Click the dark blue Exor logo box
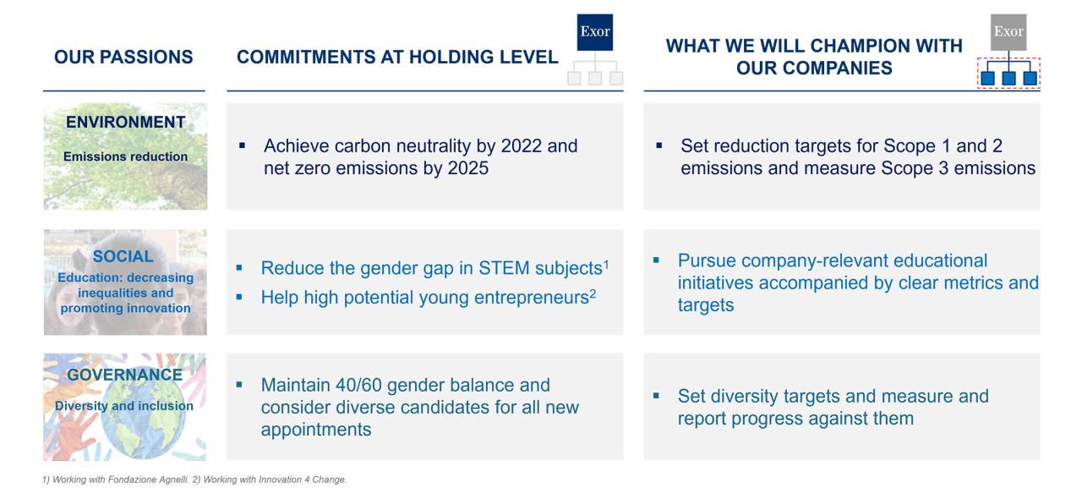pyautogui.click(x=594, y=32)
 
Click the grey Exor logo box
pyautogui.click(x=1008, y=32)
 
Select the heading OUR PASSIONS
pyautogui.click(x=123, y=57)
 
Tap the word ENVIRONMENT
pyautogui.click(x=126, y=122)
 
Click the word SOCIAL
pyautogui.click(x=123, y=256)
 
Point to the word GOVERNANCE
pyautogui.click(x=124, y=375)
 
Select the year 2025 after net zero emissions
pyautogui.click(x=468, y=168)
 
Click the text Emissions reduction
pyautogui.click(x=126, y=156)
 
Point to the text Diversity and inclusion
pyautogui.click(x=124, y=406)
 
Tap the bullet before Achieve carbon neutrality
pyautogui.click(x=242, y=145)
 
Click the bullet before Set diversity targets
pyautogui.click(x=656, y=396)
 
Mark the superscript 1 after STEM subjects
pyautogui.click(x=606, y=265)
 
